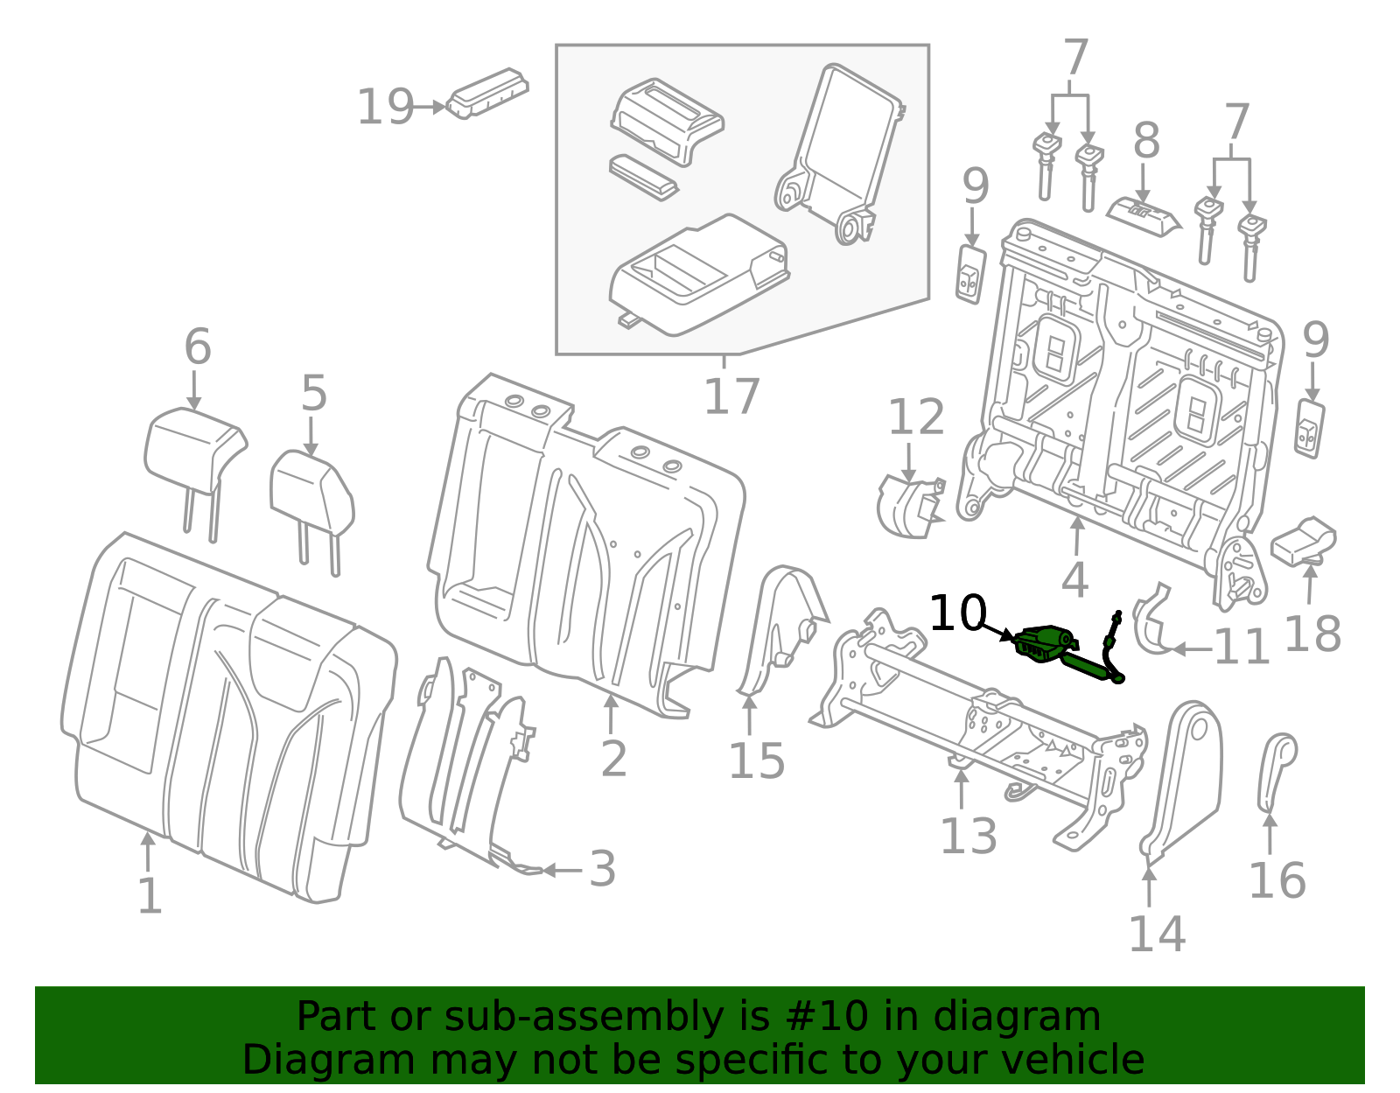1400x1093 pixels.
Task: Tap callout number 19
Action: tap(385, 108)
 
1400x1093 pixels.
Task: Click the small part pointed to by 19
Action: tap(487, 93)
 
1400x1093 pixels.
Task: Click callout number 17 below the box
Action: tap(731, 397)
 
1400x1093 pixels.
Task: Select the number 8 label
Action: tap(1146, 142)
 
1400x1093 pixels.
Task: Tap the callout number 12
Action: tap(916, 417)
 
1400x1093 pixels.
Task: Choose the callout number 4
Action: tap(1074, 579)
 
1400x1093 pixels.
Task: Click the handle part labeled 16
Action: tap(1276, 770)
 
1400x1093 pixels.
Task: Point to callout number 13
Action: tap(968, 837)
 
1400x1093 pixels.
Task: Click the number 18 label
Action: tap(1311, 634)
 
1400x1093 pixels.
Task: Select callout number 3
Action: tap(602, 869)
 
